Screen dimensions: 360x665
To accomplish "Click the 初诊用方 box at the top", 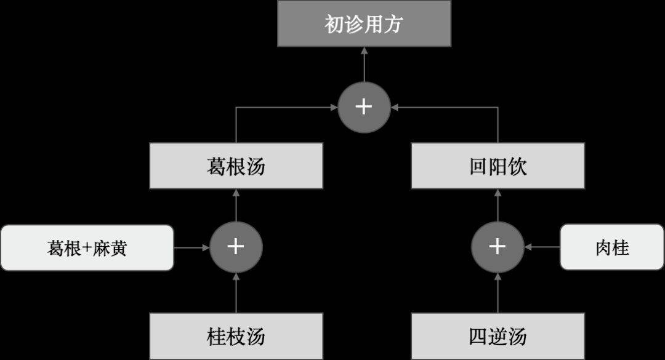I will pyautogui.click(x=364, y=24).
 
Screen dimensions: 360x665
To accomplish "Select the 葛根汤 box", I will pyautogui.click(x=236, y=166).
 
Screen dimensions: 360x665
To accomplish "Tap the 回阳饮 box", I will pyautogui.click(x=498, y=166).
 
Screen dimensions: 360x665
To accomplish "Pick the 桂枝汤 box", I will pyautogui.click(x=236, y=336).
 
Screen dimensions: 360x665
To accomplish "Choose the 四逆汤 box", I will pyautogui.click(x=498, y=336).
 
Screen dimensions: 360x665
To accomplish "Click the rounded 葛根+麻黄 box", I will pyautogui.click(x=87, y=247).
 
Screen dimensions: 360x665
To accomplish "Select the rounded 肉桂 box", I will pyautogui.click(x=611, y=247).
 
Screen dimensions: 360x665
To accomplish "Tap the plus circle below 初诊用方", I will pyautogui.click(x=364, y=107).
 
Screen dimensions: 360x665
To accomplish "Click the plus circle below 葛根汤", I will pyautogui.click(x=236, y=247).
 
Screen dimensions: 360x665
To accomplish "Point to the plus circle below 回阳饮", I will pyautogui.click(x=498, y=247).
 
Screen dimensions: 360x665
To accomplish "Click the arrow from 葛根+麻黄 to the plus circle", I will pyautogui.click(x=191, y=247).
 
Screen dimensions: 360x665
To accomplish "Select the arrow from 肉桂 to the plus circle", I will pyautogui.click(x=542, y=247).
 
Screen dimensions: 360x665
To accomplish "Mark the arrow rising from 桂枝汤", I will pyautogui.click(x=236, y=293).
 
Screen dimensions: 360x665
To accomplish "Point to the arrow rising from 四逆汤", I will pyautogui.click(x=498, y=293).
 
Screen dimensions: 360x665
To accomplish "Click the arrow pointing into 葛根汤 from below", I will pyautogui.click(x=236, y=205).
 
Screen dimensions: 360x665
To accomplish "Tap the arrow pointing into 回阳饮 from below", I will pyautogui.click(x=498, y=205).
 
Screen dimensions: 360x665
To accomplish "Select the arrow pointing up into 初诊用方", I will pyautogui.click(x=364, y=64).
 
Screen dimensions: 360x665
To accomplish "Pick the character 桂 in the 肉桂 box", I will pyautogui.click(x=621, y=248).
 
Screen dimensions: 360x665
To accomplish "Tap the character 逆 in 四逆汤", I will pyautogui.click(x=498, y=337).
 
